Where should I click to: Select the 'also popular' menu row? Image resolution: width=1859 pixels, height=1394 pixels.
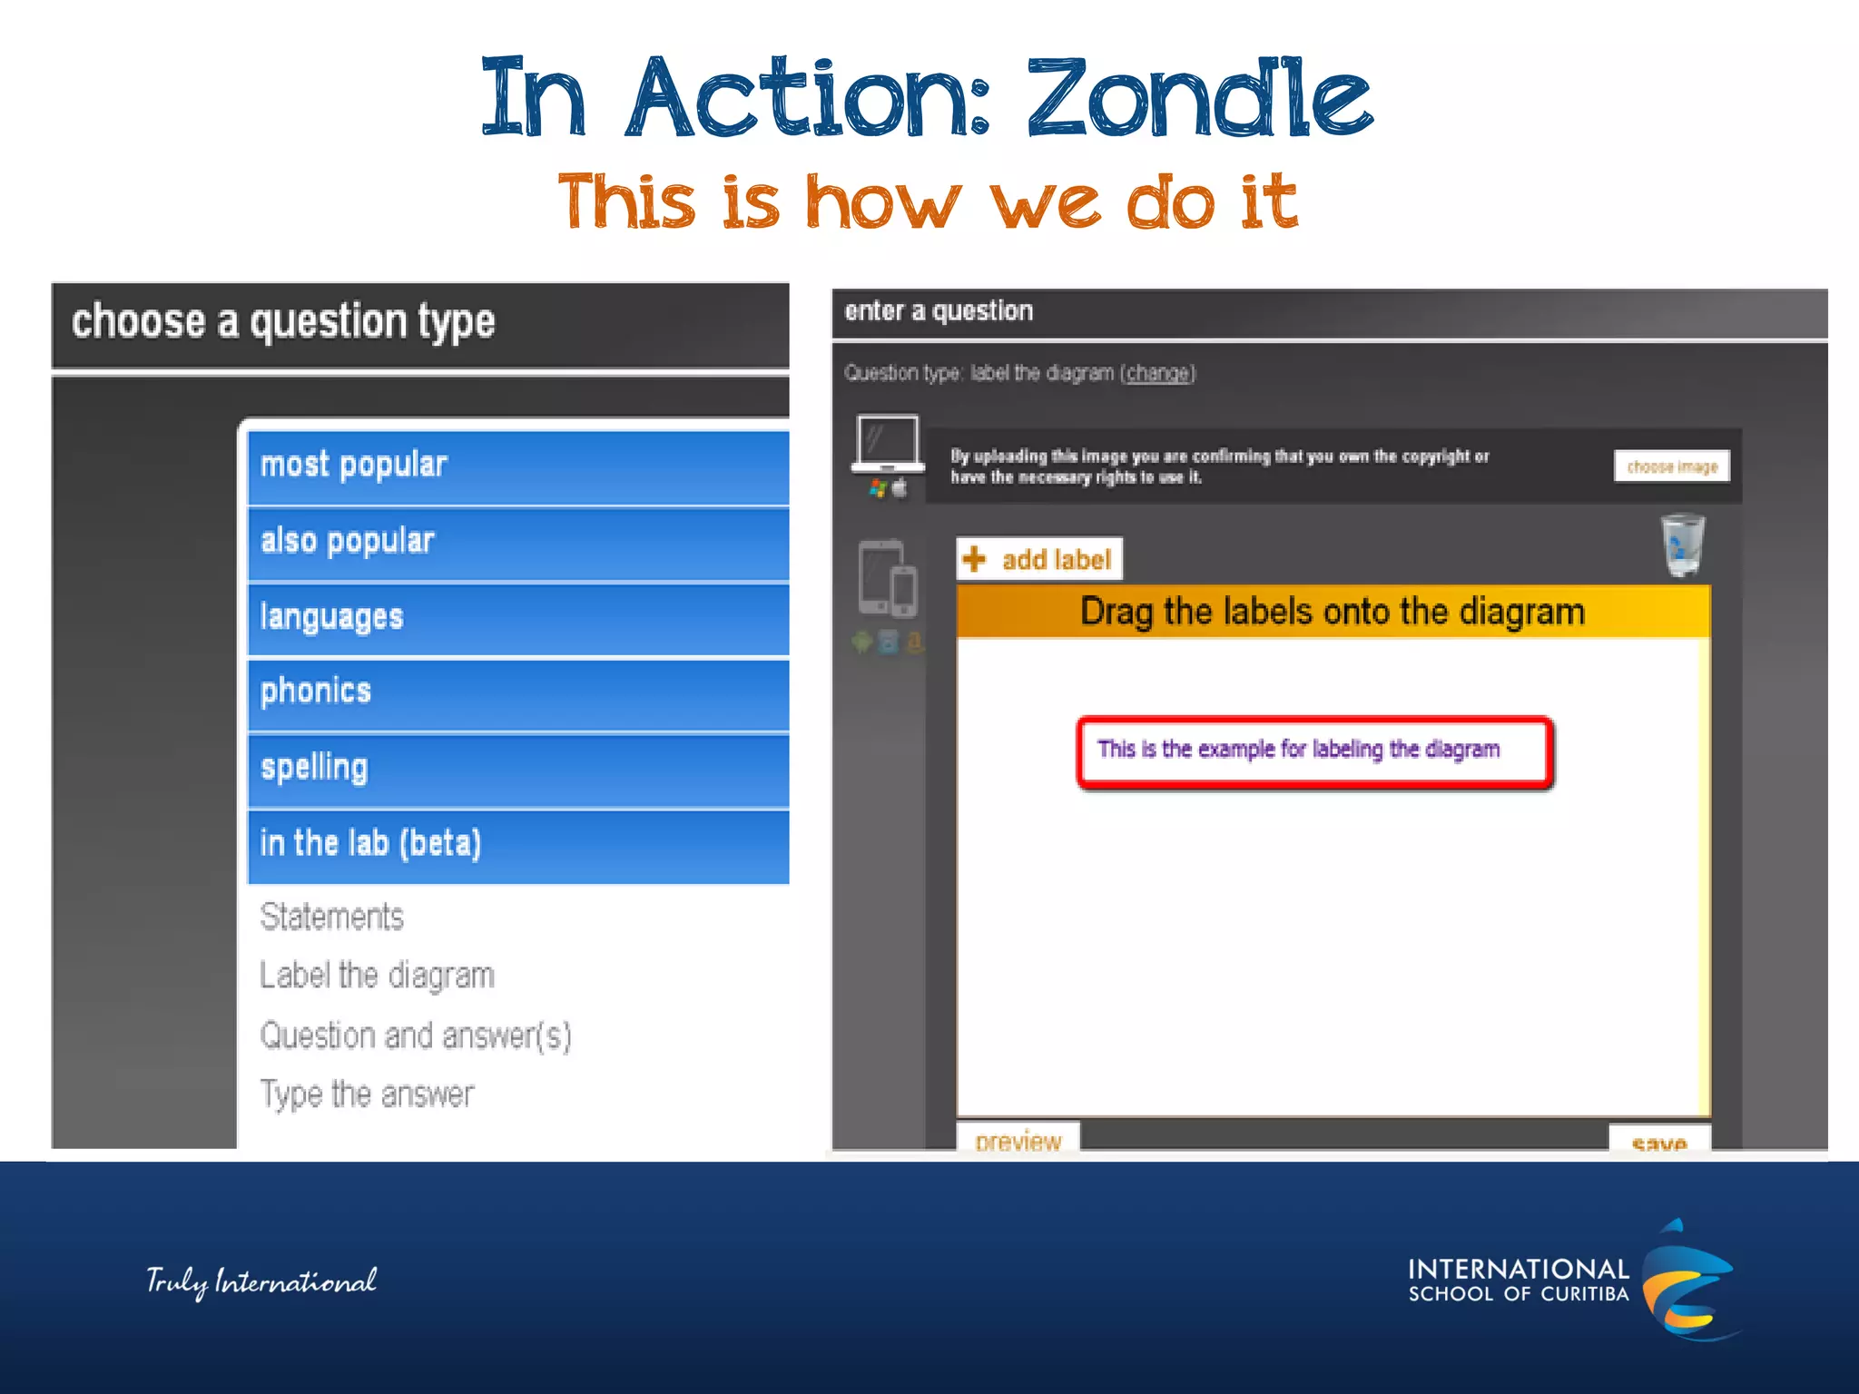coord(517,543)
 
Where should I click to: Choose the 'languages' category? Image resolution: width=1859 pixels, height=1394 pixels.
coord(517,619)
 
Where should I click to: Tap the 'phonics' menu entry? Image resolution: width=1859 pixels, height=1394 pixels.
coord(517,693)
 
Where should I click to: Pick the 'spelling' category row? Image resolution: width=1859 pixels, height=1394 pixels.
coord(517,770)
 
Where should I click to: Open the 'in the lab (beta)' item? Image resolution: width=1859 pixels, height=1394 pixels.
coord(517,845)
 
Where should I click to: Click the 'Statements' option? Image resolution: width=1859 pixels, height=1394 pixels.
coord(332,917)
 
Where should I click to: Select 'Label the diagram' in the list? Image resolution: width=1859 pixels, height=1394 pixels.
coord(377,976)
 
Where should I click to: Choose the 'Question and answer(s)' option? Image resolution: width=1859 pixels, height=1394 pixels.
coord(416,1036)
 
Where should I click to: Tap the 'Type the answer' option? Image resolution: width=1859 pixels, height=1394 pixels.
coord(367,1095)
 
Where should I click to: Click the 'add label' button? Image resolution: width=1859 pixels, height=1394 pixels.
coord(1039,559)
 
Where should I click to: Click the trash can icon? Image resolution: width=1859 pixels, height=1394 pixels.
coord(1682,545)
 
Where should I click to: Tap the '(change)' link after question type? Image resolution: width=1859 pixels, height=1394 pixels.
coord(1157,373)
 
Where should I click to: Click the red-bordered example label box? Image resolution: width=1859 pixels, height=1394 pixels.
coord(1314,751)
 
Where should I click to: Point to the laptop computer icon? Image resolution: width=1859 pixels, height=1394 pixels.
coord(888,445)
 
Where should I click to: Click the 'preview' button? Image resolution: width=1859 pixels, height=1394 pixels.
coord(1018,1140)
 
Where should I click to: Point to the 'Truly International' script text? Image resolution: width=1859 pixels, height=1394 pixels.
coord(261,1281)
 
